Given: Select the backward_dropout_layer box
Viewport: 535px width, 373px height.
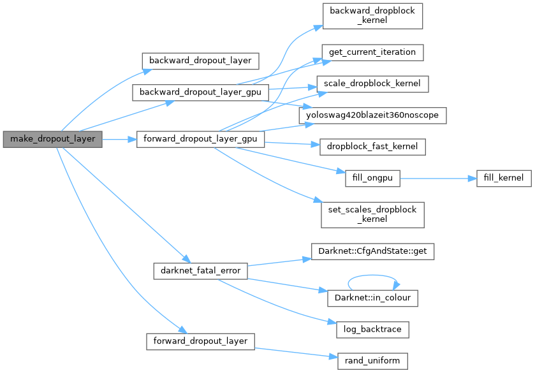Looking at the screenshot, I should (x=200, y=61).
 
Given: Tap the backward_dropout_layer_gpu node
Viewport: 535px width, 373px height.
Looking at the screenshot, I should (x=200, y=92).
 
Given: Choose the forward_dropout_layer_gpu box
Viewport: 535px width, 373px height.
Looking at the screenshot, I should (x=200, y=139).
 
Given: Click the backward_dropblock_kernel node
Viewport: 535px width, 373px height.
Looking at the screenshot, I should (x=372, y=15).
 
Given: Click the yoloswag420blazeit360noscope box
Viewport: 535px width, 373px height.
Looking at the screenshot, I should (x=372, y=115).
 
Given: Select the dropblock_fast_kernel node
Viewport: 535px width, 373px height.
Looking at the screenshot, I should (x=372, y=146).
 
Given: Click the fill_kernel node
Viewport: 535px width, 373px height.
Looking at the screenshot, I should (x=503, y=179).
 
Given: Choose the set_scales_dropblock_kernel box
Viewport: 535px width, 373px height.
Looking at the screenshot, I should (x=372, y=214).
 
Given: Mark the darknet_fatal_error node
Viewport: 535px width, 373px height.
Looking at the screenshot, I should (x=200, y=270).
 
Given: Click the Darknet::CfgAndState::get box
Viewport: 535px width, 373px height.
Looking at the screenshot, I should (x=372, y=251).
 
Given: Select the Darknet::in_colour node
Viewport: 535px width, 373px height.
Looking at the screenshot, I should (x=372, y=298).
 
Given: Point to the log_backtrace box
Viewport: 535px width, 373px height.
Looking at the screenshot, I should (x=372, y=329).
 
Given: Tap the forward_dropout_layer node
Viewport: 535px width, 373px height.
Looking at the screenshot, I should (x=200, y=340).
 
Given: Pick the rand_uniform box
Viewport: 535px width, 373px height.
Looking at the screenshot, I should (x=372, y=360).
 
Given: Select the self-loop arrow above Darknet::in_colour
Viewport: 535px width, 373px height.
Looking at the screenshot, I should (x=372, y=277).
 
